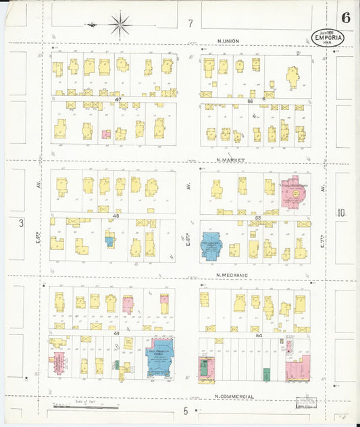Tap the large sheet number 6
pos(345,18)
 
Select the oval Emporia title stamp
pos(328,38)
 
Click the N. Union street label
pos(230,41)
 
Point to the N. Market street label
pos(230,160)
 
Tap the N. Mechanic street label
pos(232,274)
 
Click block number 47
pos(118,99)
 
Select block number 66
pos(249,100)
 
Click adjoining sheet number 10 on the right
pos(342,214)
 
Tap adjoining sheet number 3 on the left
pos(22,222)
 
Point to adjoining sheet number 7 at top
pos(190,24)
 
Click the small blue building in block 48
pos(109,241)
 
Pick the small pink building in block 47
pos(106,134)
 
